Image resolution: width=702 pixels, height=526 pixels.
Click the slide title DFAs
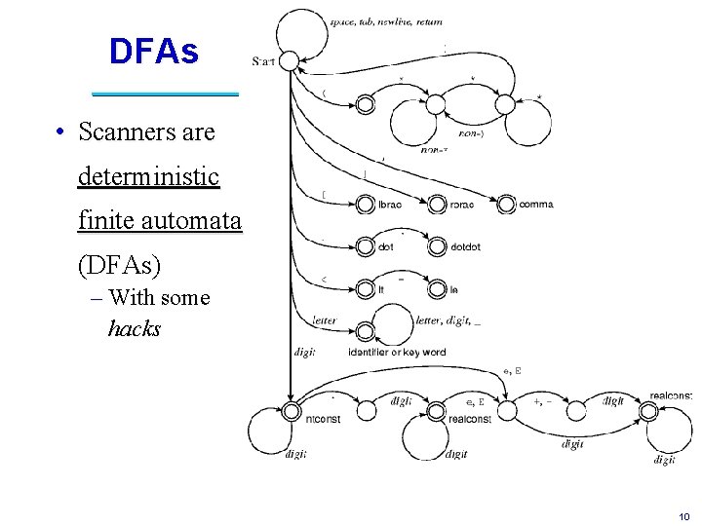click(x=153, y=52)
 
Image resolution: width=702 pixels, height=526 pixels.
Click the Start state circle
click(x=290, y=61)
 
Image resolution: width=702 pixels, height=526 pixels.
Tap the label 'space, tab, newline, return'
click(x=371, y=20)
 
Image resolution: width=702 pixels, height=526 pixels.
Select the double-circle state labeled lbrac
click(x=365, y=205)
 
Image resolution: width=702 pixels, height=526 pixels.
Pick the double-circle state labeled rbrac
click(x=436, y=205)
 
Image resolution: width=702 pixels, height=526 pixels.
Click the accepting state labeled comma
click(x=506, y=205)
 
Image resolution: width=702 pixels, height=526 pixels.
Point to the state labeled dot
click(x=365, y=247)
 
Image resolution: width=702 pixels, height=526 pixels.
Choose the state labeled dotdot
click(x=436, y=247)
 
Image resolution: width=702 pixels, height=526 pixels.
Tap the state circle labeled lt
click(x=365, y=289)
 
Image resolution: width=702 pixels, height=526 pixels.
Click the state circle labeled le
click(x=436, y=289)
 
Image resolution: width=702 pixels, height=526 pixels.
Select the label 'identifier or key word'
click(x=397, y=352)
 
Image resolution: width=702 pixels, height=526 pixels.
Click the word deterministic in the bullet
click(x=148, y=176)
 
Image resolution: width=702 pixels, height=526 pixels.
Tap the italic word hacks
click(x=135, y=328)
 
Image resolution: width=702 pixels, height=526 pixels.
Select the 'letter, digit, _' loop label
click(x=447, y=319)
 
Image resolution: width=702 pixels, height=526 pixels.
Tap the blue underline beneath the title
click(x=165, y=94)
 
